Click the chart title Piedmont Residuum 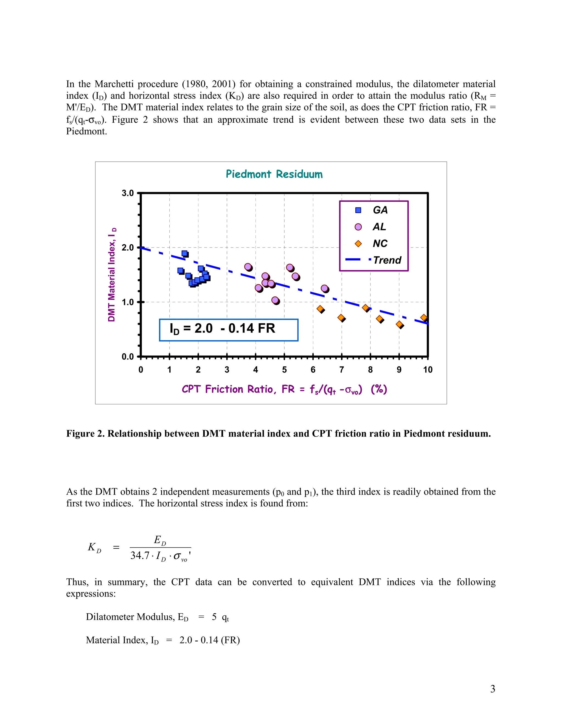tap(274, 174)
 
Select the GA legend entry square tap(358, 210)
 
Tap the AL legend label tap(379, 227)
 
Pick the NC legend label tap(380, 243)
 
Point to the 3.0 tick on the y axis tap(128, 193)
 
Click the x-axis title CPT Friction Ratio tap(284, 389)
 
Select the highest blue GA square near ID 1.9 tap(184, 253)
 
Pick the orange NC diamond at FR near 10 tap(423, 317)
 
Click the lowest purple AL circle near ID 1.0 tap(275, 300)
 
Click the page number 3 tap(492, 688)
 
